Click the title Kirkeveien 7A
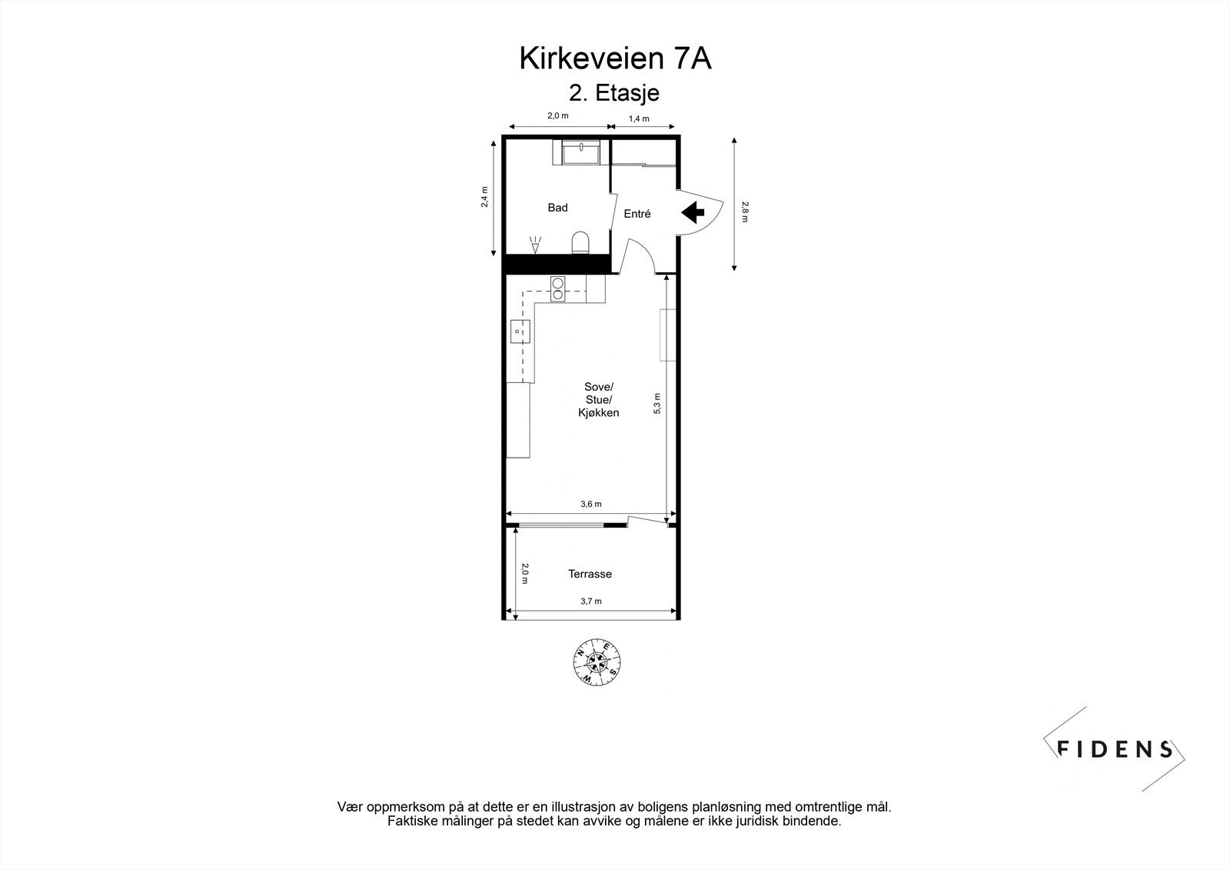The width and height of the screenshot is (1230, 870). pyautogui.click(x=615, y=59)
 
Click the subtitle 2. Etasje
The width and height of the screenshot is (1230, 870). pyautogui.click(x=614, y=93)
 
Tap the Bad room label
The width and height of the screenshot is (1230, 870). pyautogui.click(x=557, y=208)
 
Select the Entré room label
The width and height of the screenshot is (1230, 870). pyautogui.click(x=637, y=214)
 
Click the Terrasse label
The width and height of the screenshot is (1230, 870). pyautogui.click(x=590, y=574)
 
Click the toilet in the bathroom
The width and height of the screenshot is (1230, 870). pyautogui.click(x=581, y=242)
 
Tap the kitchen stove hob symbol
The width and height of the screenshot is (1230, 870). pyautogui.click(x=558, y=287)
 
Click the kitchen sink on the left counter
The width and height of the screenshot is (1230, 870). pyautogui.click(x=520, y=331)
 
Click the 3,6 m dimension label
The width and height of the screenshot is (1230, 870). pyautogui.click(x=590, y=505)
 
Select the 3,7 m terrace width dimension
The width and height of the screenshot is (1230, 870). pyautogui.click(x=590, y=602)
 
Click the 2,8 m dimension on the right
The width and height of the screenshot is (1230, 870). pyautogui.click(x=744, y=212)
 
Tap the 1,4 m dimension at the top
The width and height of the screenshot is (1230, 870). pyautogui.click(x=639, y=118)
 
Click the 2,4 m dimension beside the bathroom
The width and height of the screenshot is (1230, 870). pyautogui.click(x=484, y=198)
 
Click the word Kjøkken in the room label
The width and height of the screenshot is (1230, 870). pyautogui.click(x=598, y=413)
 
